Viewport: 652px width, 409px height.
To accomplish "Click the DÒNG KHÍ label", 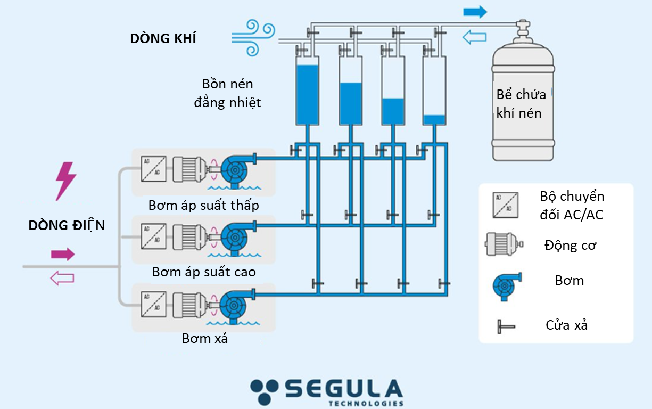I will click(163, 38).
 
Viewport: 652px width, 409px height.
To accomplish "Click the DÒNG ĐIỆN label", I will click(67, 225).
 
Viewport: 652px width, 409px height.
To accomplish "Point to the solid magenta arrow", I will click(62, 254).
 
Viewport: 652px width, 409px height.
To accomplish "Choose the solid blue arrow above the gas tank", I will click(475, 12).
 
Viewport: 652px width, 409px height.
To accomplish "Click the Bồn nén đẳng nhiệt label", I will click(227, 93).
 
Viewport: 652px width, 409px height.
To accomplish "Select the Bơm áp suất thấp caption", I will click(204, 205).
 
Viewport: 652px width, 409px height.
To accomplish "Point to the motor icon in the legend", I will click(503, 244).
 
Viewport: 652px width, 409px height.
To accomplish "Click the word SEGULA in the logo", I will click(343, 388).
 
